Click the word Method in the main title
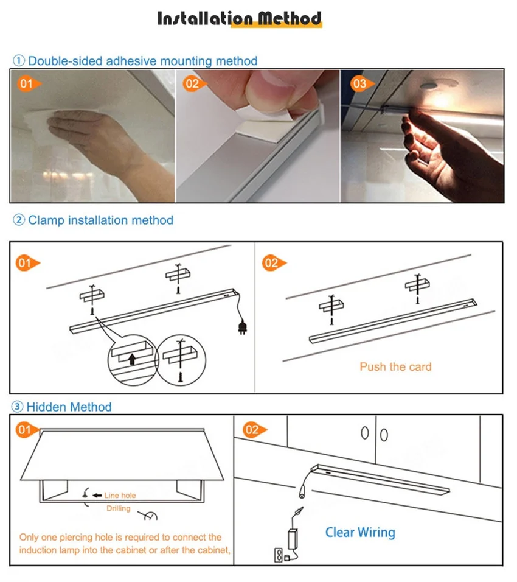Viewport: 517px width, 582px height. point(290,18)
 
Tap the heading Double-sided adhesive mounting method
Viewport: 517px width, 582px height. point(143,61)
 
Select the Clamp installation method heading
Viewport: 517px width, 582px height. point(100,220)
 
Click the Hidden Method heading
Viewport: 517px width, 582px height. point(69,407)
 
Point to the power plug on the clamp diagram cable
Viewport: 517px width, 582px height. point(242,327)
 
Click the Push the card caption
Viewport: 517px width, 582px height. point(395,366)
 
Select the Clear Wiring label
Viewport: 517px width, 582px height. point(360,532)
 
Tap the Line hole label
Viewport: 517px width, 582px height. point(120,495)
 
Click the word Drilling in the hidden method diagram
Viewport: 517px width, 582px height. point(119,508)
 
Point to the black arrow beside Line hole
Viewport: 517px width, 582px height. point(97,495)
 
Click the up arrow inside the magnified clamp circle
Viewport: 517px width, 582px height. point(131,359)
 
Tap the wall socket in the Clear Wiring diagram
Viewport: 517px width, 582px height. point(278,555)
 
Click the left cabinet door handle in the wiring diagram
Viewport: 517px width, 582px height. point(365,433)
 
